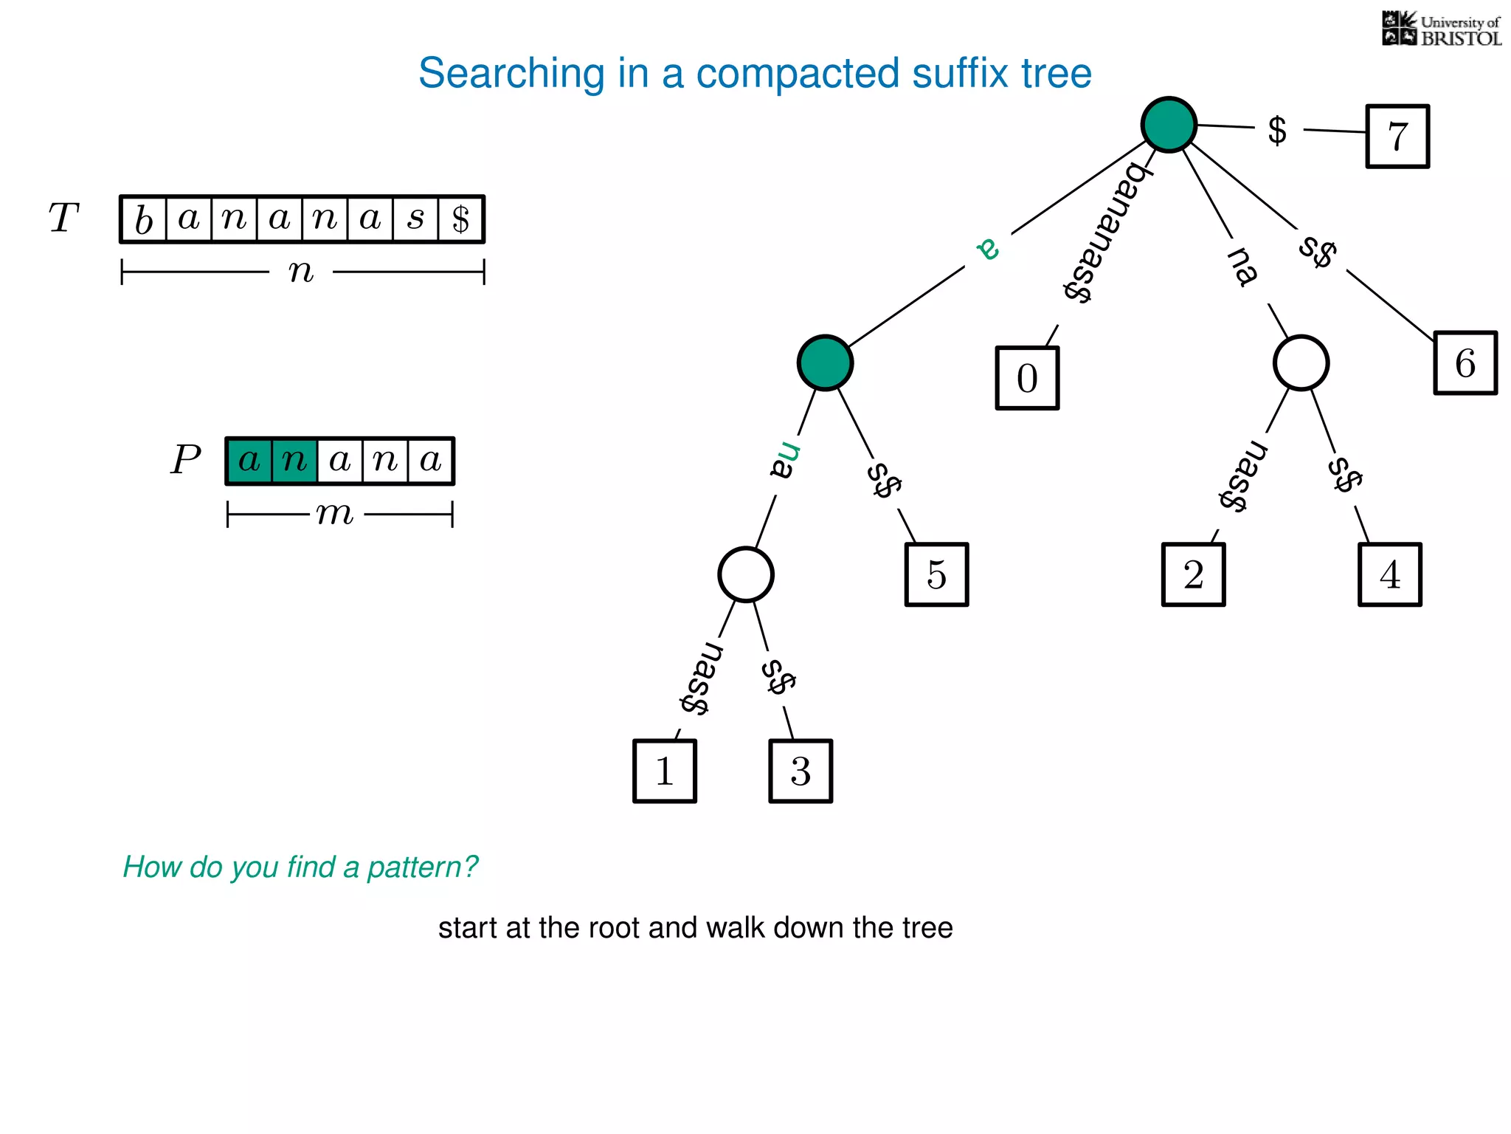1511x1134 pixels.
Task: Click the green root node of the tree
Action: click(x=1169, y=124)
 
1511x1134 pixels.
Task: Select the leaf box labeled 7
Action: click(x=1397, y=137)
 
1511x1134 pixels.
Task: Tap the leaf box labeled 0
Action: click(x=1027, y=378)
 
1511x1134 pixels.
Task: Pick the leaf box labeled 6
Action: click(x=1465, y=363)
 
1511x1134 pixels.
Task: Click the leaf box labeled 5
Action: click(x=936, y=574)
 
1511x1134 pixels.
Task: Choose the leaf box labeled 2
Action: click(x=1193, y=574)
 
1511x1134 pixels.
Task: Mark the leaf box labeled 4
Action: click(x=1389, y=574)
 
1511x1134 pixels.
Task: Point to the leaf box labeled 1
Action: click(x=665, y=771)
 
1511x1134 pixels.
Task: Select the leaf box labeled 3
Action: click(x=801, y=771)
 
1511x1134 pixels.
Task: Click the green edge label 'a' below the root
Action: click(x=989, y=249)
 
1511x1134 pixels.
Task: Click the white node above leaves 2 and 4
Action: click(x=1301, y=363)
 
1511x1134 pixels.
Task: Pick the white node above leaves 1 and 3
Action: click(x=746, y=574)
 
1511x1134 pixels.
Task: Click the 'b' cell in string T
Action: click(x=144, y=219)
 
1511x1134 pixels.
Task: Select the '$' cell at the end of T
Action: click(x=460, y=219)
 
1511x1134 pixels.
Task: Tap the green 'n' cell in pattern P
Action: click(x=294, y=461)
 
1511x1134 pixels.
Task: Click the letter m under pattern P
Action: click(x=335, y=513)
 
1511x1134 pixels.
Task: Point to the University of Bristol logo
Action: click(x=1441, y=30)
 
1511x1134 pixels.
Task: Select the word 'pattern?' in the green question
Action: click(x=423, y=867)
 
